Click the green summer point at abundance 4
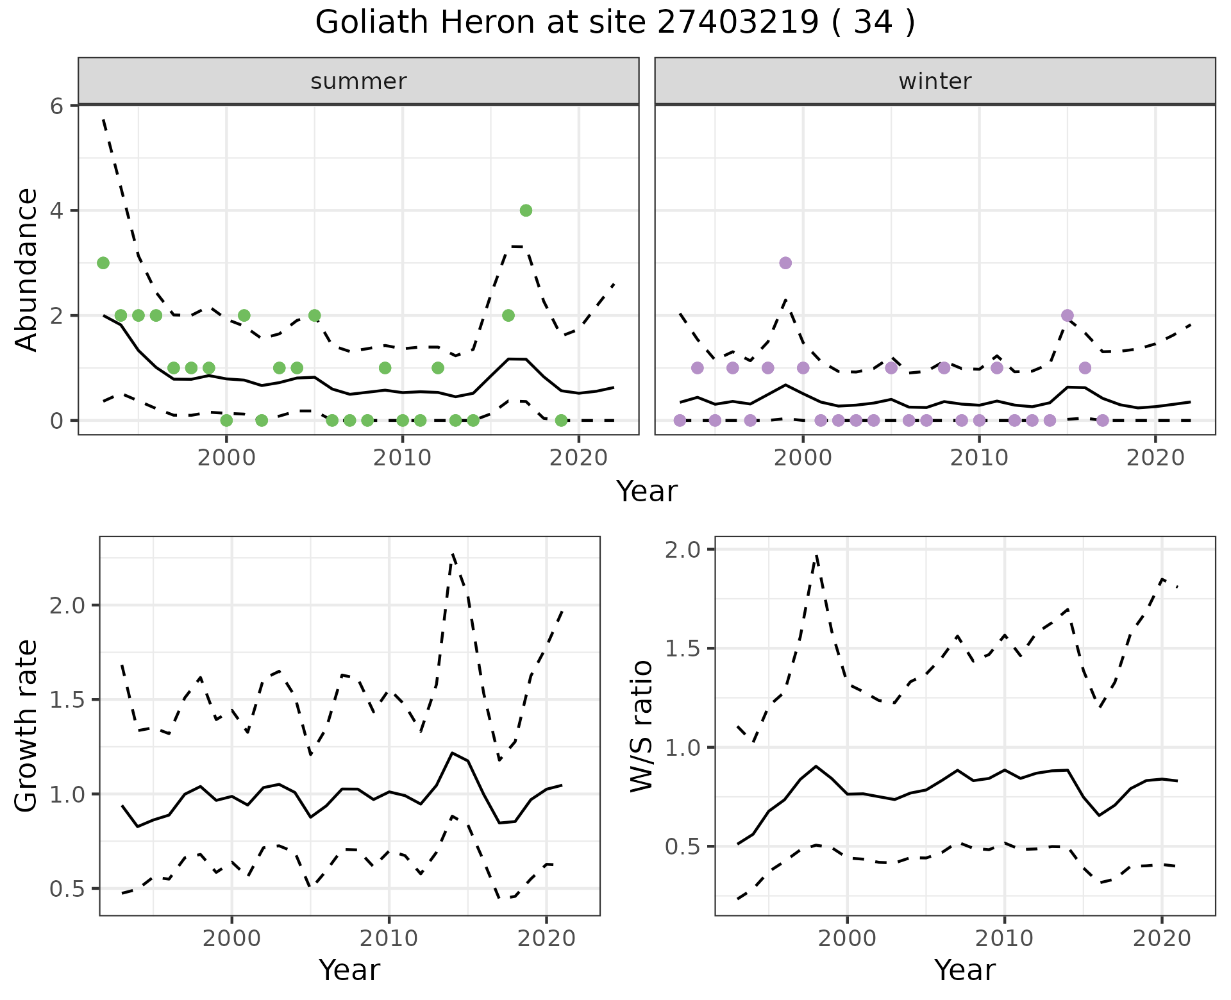pos(526,210)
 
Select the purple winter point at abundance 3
pos(785,263)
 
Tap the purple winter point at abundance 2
pos(1068,315)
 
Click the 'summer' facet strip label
pos(358,81)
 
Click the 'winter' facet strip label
pos(935,81)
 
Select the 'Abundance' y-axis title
pos(27,270)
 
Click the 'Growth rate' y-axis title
pos(27,726)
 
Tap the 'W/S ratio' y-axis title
pos(642,726)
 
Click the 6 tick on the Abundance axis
pos(57,106)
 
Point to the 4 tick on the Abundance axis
pos(57,211)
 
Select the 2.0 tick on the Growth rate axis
pos(66,605)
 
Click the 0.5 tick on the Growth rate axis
pos(66,888)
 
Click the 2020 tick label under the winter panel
pos(1155,458)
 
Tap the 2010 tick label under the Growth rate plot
pos(389,939)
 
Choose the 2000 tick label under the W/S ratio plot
pos(848,939)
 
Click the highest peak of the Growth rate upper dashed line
pos(453,553)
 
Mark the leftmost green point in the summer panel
pos(103,263)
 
